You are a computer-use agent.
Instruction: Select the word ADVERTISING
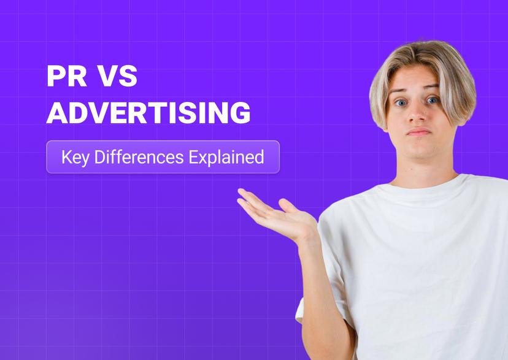[x=148, y=113]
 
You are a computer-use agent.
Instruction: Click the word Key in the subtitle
[x=74, y=157]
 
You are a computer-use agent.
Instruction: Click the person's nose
[x=417, y=114]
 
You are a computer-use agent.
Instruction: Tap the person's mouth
[x=419, y=132]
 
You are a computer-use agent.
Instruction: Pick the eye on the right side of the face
[x=434, y=100]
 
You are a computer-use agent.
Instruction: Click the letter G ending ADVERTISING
[x=241, y=113]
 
